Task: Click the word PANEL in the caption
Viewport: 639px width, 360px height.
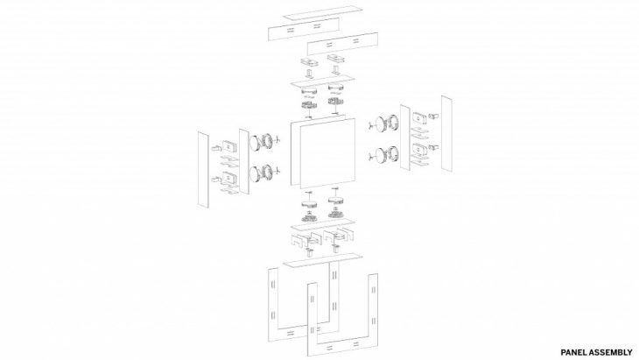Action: [x=572, y=352]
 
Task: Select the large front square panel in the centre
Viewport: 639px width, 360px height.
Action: [x=327, y=153]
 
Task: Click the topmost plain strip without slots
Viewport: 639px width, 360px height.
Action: [x=323, y=12]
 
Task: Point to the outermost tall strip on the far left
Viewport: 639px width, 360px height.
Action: [x=203, y=169]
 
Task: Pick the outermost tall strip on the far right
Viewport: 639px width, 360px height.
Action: [x=446, y=133]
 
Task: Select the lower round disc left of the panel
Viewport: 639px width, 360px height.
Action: [x=256, y=173]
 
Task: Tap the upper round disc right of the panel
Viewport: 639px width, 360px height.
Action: [x=381, y=124]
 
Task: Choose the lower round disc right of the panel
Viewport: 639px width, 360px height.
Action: [x=381, y=155]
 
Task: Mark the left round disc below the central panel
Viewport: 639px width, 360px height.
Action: [x=310, y=202]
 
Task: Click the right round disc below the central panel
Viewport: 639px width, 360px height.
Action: [x=336, y=201]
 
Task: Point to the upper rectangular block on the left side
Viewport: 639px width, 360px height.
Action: [x=229, y=146]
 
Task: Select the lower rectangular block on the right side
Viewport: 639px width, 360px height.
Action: [x=420, y=149]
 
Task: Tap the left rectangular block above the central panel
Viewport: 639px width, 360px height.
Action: [x=310, y=62]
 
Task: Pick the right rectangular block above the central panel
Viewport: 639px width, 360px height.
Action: [x=336, y=58]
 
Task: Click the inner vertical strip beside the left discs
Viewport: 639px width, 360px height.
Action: [x=244, y=162]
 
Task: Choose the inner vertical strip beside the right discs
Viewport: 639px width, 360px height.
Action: [x=405, y=138]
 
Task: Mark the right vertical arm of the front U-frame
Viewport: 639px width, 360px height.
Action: [x=373, y=306]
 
